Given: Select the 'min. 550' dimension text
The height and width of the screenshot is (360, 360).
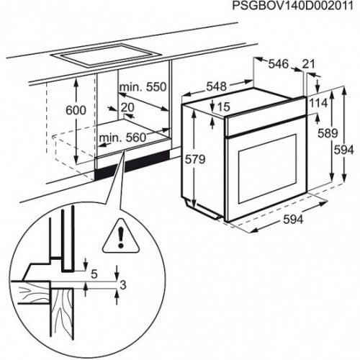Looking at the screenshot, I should click(143, 87).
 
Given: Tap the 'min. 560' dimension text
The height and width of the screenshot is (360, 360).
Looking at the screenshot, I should click(120, 137).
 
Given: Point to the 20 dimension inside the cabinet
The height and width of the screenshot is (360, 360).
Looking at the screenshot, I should click(127, 107).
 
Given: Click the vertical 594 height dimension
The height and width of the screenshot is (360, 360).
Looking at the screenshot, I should click(348, 150).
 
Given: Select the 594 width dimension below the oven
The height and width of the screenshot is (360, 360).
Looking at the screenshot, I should click(292, 218).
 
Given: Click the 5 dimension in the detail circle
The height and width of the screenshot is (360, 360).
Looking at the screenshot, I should click(94, 274).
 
